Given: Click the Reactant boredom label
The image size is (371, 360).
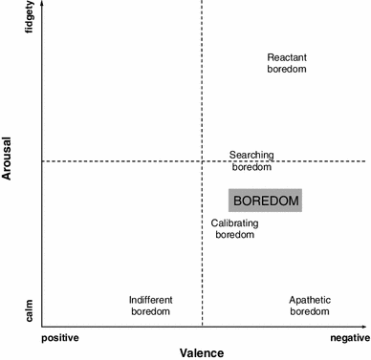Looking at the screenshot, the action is [x=286, y=63].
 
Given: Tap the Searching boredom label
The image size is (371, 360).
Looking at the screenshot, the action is [x=251, y=159].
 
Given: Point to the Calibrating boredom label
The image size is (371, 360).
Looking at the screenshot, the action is [x=234, y=228].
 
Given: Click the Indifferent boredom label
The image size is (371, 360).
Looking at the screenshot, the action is [x=150, y=306].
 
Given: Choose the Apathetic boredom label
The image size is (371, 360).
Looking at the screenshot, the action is [x=310, y=306].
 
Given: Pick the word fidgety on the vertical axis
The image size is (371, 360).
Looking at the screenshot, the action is [x=31, y=20].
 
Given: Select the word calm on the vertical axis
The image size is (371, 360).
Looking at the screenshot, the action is [x=31, y=312].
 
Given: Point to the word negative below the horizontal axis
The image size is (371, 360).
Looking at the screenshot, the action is [x=349, y=338].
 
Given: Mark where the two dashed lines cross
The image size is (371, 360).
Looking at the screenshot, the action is [x=202, y=161].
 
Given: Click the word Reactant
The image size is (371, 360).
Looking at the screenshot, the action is [x=286, y=57].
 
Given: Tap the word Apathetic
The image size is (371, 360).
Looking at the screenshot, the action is [x=310, y=300].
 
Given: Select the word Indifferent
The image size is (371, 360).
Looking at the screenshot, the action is [x=150, y=300].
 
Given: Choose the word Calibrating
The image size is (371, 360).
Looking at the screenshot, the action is [x=234, y=222].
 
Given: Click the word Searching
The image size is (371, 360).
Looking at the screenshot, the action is [x=251, y=154].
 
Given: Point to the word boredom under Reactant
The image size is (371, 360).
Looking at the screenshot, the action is [x=286, y=69].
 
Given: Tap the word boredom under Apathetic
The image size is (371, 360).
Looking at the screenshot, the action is [x=310, y=311].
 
